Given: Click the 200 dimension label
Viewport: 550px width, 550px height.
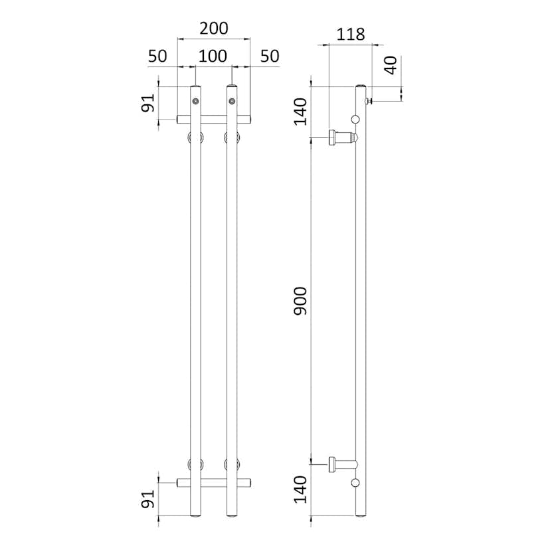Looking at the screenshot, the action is pos(214,29).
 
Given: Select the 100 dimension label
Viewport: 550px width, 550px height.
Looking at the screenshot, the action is pos(213,56).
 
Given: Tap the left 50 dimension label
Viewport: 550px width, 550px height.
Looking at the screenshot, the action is pos(157,56).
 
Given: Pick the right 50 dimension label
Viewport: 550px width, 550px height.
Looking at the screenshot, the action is pos(270,56).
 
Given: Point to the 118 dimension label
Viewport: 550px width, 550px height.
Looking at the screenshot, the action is pos(351,35).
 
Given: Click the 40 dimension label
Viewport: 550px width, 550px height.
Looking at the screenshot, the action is pos(391,65).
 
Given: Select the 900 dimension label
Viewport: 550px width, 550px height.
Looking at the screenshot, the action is pos(300,301).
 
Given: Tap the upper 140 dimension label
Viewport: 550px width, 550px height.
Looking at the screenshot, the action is pos(300,112).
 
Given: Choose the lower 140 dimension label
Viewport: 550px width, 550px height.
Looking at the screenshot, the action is pos(300,490).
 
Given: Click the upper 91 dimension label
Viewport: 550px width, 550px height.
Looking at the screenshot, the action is pos(147,103).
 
